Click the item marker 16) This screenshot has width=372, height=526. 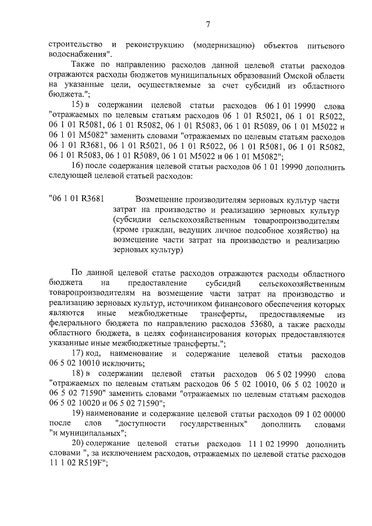point(78,166)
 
